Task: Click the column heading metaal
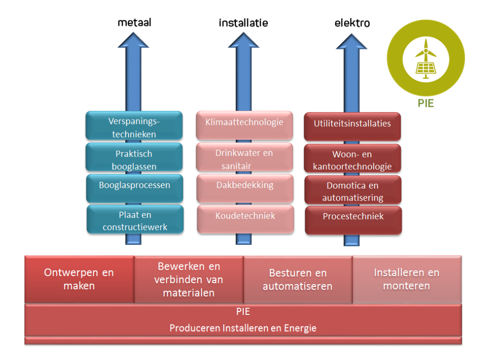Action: pos(134,23)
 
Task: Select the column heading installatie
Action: pos(243,23)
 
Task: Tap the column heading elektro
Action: pos(352,23)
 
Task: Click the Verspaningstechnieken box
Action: pos(134,127)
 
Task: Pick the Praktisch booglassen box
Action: pos(134,160)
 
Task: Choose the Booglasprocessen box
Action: pos(134,185)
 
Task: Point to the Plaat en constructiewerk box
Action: pos(135,220)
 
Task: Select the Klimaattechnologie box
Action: pos(244,122)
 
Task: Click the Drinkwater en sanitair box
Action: pos(244,159)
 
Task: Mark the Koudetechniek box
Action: pos(245,216)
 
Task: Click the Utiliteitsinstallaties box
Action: pos(352,124)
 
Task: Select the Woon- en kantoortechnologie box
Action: pos(352,160)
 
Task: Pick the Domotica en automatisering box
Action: pos(353,191)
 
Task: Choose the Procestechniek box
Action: pos(353,217)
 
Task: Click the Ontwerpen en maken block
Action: pos(79,279)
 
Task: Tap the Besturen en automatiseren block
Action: pos(298,279)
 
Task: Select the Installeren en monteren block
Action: pos(407,279)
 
